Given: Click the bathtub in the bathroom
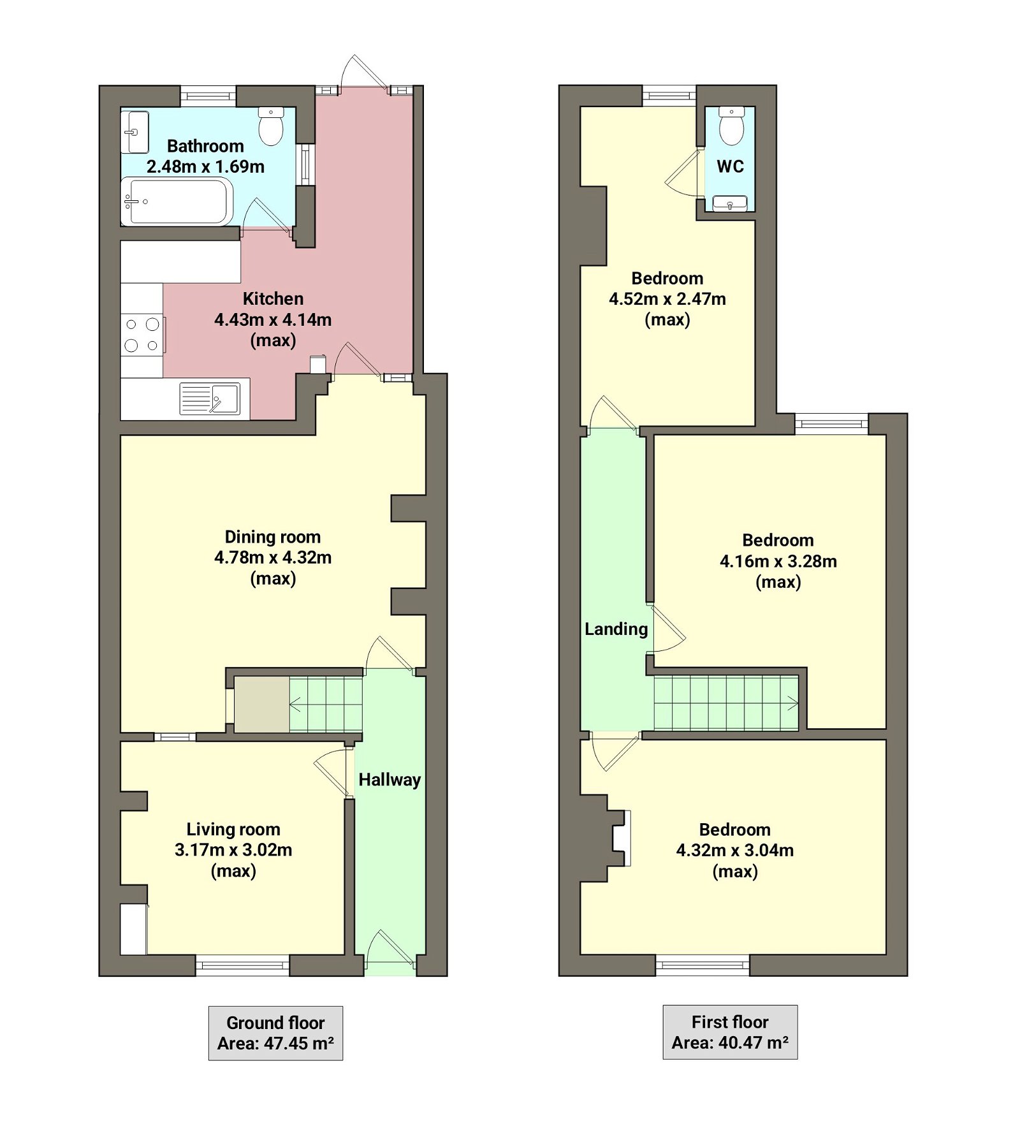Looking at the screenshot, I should tap(177, 201).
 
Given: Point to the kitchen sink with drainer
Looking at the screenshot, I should tap(210, 398).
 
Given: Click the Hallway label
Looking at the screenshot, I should tap(390, 780).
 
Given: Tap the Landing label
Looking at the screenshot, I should tap(616, 629).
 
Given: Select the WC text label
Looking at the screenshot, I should tap(730, 166).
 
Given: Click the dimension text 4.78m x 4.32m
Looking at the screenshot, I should tap(273, 558).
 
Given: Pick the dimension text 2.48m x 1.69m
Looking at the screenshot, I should tap(205, 167).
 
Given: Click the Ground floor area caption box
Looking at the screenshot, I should tap(275, 1033).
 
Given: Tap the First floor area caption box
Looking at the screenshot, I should tap(730, 1032).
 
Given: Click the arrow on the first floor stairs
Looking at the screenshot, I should tap(792, 704).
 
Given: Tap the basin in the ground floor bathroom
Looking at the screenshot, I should tap(135, 132).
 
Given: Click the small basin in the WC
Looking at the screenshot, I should tap(730, 204).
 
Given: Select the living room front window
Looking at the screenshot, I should tap(242, 965).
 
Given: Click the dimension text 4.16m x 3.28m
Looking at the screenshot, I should tap(778, 562).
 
